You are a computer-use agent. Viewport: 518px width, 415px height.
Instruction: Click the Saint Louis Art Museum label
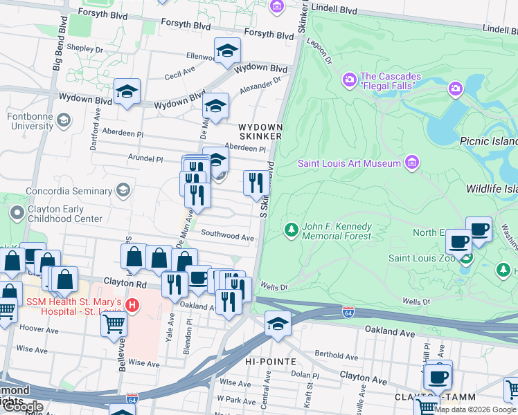point(350,163)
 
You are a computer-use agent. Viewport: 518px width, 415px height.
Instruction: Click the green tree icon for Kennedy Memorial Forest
point(292,230)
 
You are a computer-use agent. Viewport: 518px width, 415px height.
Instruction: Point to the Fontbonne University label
point(30,122)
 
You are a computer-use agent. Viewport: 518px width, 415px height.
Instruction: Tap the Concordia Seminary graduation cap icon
point(123,190)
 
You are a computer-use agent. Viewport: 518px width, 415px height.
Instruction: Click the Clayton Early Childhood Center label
point(65,214)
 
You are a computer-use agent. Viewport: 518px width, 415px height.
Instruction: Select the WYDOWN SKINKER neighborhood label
point(260,132)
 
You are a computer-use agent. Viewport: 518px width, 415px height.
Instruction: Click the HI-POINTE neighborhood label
point(271,362)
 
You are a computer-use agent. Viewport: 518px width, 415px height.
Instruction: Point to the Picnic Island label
point(488,141)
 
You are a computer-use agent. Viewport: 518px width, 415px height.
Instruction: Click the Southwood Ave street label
point(228,236)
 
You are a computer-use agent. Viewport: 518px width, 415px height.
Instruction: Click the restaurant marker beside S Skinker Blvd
point(256,183)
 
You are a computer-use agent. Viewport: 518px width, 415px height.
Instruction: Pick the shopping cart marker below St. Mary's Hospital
point(114,324)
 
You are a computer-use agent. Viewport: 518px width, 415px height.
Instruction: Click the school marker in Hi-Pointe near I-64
point(278,324)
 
